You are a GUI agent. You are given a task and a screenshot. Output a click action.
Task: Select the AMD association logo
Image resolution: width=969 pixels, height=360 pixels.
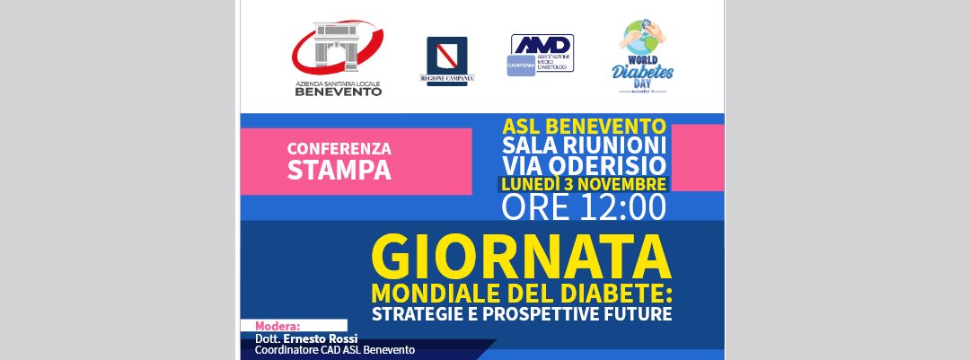pyautogui.click(x=542, y=54)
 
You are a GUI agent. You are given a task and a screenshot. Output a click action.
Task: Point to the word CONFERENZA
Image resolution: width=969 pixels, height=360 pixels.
pyautogui.click(x=339, y=148)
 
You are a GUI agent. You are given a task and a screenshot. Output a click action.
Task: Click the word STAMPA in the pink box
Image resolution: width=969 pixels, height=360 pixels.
pyautogui.click(x=339, y=170)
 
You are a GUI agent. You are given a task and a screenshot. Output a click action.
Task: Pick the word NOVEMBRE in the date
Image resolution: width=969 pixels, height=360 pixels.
pyautogui.click(x=621, y=184)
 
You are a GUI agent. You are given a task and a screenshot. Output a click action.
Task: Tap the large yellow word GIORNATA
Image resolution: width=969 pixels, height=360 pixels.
pyautogui.click(x=521, y=259)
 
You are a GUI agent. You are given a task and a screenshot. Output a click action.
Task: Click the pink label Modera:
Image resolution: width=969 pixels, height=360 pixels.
pyautogui.click(x=277, y=326)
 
